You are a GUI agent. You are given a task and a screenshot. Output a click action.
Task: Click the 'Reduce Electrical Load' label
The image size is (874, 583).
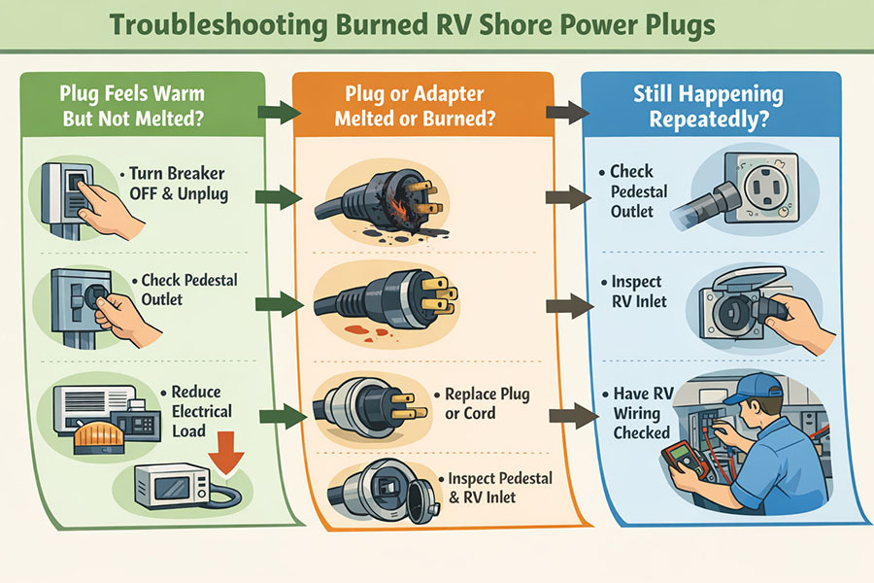[x=201, y=410]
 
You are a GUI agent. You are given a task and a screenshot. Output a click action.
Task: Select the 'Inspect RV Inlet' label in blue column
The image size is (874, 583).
[x=638, y=291]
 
